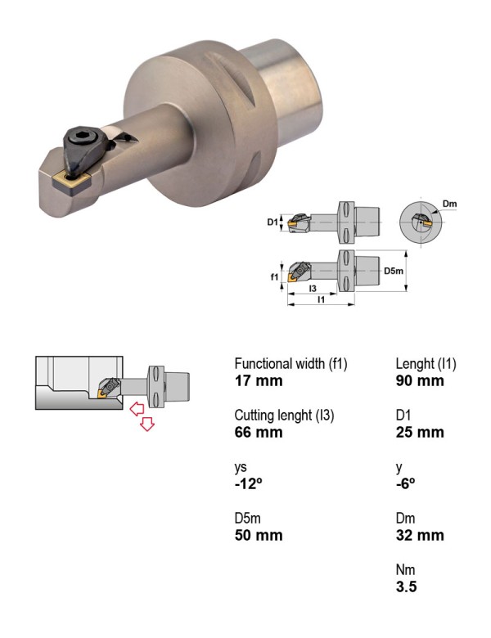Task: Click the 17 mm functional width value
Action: click(x=259, y=381)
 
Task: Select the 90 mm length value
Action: click(x=420, y=381)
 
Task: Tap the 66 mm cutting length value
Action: click(x=259, y=432)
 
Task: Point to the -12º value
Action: click(x=248, y=483)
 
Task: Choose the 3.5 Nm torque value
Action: click(x=407, y=586)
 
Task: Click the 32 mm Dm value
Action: click(x=420, y=535)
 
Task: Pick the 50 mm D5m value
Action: click(x=259, y=535)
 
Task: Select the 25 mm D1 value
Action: click(x=420, y=432)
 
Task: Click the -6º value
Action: click(x=406, y=483)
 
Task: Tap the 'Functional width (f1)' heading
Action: click(x=291, y=364)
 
